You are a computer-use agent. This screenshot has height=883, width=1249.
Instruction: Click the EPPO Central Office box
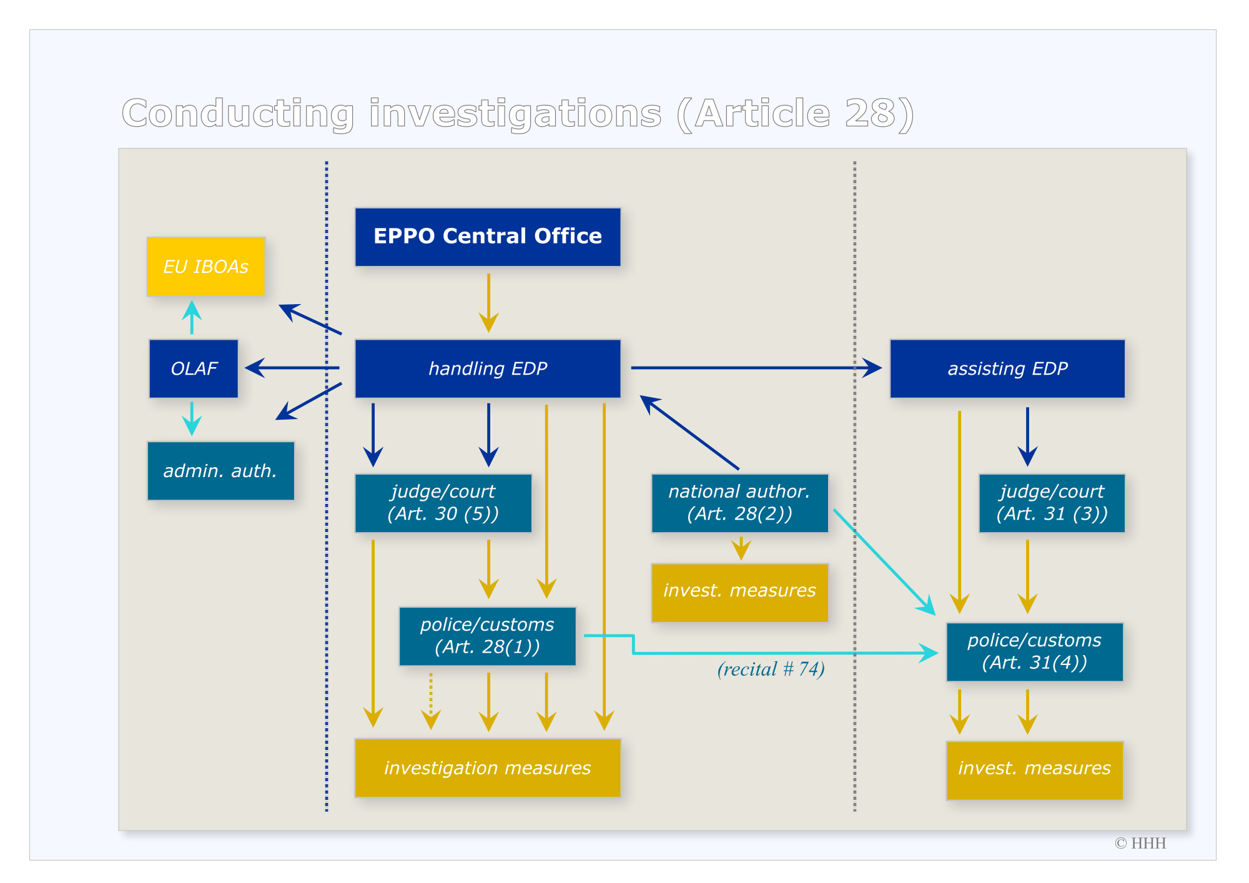click(x=488, y=237)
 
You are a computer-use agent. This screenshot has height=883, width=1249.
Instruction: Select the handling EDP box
click(x=488, y=368)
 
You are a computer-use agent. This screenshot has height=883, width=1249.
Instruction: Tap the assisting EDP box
click(x=1007, y=368)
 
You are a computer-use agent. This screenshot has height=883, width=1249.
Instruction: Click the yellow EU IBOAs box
click(x=206, y=267)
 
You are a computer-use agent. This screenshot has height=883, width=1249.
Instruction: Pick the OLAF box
click(x=194, y=368)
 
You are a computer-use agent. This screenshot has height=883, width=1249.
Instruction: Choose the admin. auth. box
click(x=220, y=471)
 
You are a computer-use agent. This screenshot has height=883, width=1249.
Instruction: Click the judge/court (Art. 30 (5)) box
click(x=443, y=503)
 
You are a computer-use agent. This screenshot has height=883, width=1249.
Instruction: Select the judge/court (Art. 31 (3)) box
click(x=1052, y=503)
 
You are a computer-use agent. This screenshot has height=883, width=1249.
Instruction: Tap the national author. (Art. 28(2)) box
click(x=739, y=503)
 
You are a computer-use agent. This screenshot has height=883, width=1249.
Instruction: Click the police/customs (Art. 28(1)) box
click(x=487, y=636)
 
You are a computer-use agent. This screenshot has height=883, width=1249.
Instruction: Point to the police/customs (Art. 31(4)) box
click(x=1034, y=651)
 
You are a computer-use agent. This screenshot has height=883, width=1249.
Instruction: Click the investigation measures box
click(x=488, y=767)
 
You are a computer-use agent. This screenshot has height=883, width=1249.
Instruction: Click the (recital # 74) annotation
click(x=771, y=669)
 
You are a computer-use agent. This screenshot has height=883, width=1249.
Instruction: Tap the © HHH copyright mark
click(x=1140, y=843)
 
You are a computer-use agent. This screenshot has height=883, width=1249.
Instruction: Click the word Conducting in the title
click(x=238, y=114)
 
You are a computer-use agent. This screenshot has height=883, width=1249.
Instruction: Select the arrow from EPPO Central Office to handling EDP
click(x=488, y=303)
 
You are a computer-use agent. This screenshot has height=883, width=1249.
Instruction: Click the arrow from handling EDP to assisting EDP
click(x=756, y=368)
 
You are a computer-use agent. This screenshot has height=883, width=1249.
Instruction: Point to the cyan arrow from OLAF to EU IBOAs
click(x=192, y=317)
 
